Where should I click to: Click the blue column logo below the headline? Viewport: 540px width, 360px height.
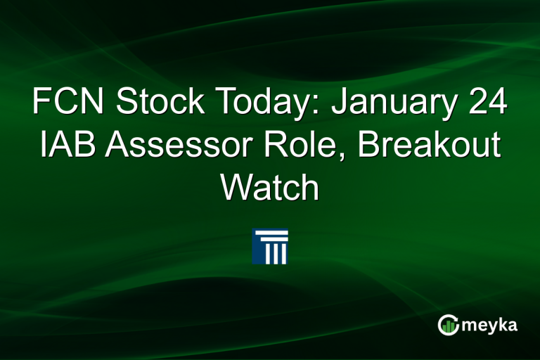coord(270,246)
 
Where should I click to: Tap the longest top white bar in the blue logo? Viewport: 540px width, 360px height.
coord(270,233)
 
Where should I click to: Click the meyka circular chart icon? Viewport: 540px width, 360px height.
coord(449,324)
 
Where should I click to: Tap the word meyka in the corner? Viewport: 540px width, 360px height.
coord(491,325)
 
